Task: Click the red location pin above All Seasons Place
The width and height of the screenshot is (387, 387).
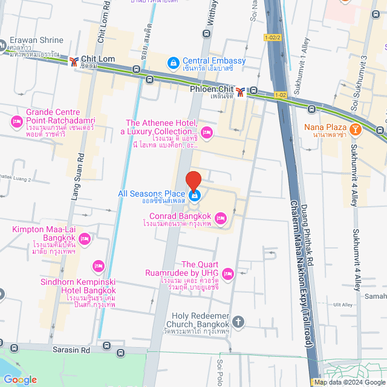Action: pos(193,181)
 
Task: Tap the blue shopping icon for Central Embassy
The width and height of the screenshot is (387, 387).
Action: pos(173,61)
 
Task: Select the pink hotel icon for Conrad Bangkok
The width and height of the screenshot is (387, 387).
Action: pos(221,217)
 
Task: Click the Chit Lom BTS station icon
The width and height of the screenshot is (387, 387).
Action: pos(74,61)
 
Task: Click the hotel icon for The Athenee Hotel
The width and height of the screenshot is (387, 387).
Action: pos(206,132)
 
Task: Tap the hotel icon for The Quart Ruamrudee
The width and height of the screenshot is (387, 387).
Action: pos(228,274)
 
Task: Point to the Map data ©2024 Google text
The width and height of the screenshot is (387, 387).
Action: pos(350,382)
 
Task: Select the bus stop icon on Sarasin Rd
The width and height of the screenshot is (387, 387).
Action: pos(107,346)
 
